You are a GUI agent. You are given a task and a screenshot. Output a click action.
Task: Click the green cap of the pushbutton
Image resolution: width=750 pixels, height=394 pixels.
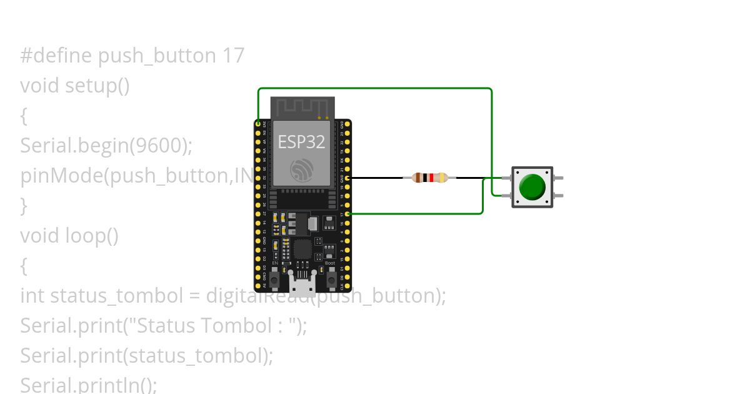click(x=532, y=186)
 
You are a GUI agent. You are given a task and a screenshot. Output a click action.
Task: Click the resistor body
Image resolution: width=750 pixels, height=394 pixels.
click(x=431, y=178)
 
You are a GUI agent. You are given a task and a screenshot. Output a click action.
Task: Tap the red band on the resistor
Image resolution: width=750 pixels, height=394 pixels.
click(x=431, y=178)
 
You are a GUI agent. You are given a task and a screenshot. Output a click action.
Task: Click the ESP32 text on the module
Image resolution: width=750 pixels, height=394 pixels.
click(x=301, y=142)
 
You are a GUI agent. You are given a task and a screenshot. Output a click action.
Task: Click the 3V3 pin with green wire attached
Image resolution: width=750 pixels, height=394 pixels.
click(x=258, y=124)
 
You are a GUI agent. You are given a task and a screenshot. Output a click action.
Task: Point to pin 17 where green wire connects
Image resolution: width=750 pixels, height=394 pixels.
click(x=347, y=214)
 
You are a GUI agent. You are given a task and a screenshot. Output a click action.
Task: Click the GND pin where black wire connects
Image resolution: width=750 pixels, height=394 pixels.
click(x=347, y=178)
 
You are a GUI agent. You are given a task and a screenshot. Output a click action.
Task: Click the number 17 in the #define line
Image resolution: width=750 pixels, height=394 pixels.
click(x=233, y=56)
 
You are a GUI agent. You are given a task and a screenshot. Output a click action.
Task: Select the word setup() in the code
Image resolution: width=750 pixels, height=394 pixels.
click(x=97, y=85)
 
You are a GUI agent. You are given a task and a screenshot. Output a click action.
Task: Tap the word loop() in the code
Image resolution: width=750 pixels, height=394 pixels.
click(x=91, y=236)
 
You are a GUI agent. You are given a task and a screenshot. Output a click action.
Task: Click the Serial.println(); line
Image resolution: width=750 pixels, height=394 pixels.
click(x=88, y=385)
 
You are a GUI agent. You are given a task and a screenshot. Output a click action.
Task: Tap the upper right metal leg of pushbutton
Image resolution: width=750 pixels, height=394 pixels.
click(x=558, y=178)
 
